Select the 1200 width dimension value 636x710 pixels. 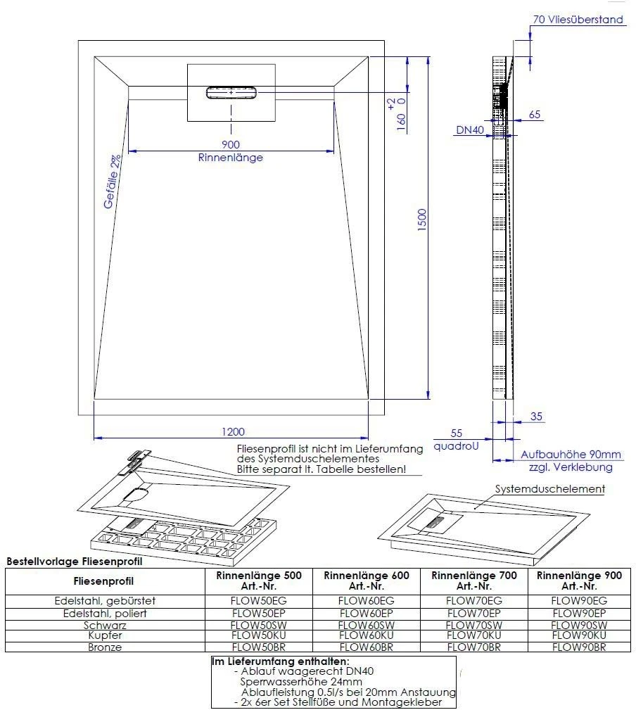pos(233,431)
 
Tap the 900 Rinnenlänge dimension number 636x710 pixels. pos(230,144)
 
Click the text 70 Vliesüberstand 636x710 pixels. pos(578,20)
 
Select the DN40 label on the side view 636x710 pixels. pos(469,130)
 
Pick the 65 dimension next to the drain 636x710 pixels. pos(534,115)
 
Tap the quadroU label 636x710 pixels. pos(456,445)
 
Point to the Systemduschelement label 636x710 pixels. pos(549,488)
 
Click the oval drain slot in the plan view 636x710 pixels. pos(231,93)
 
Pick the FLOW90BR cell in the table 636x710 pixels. pos(578,647)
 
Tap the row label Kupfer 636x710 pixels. pos(104,635)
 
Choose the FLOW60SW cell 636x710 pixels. pos(366,624)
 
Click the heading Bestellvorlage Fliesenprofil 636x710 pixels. pos(74,562)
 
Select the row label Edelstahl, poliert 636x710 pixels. pos(104,613)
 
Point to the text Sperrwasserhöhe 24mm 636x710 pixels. pos(301,682)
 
